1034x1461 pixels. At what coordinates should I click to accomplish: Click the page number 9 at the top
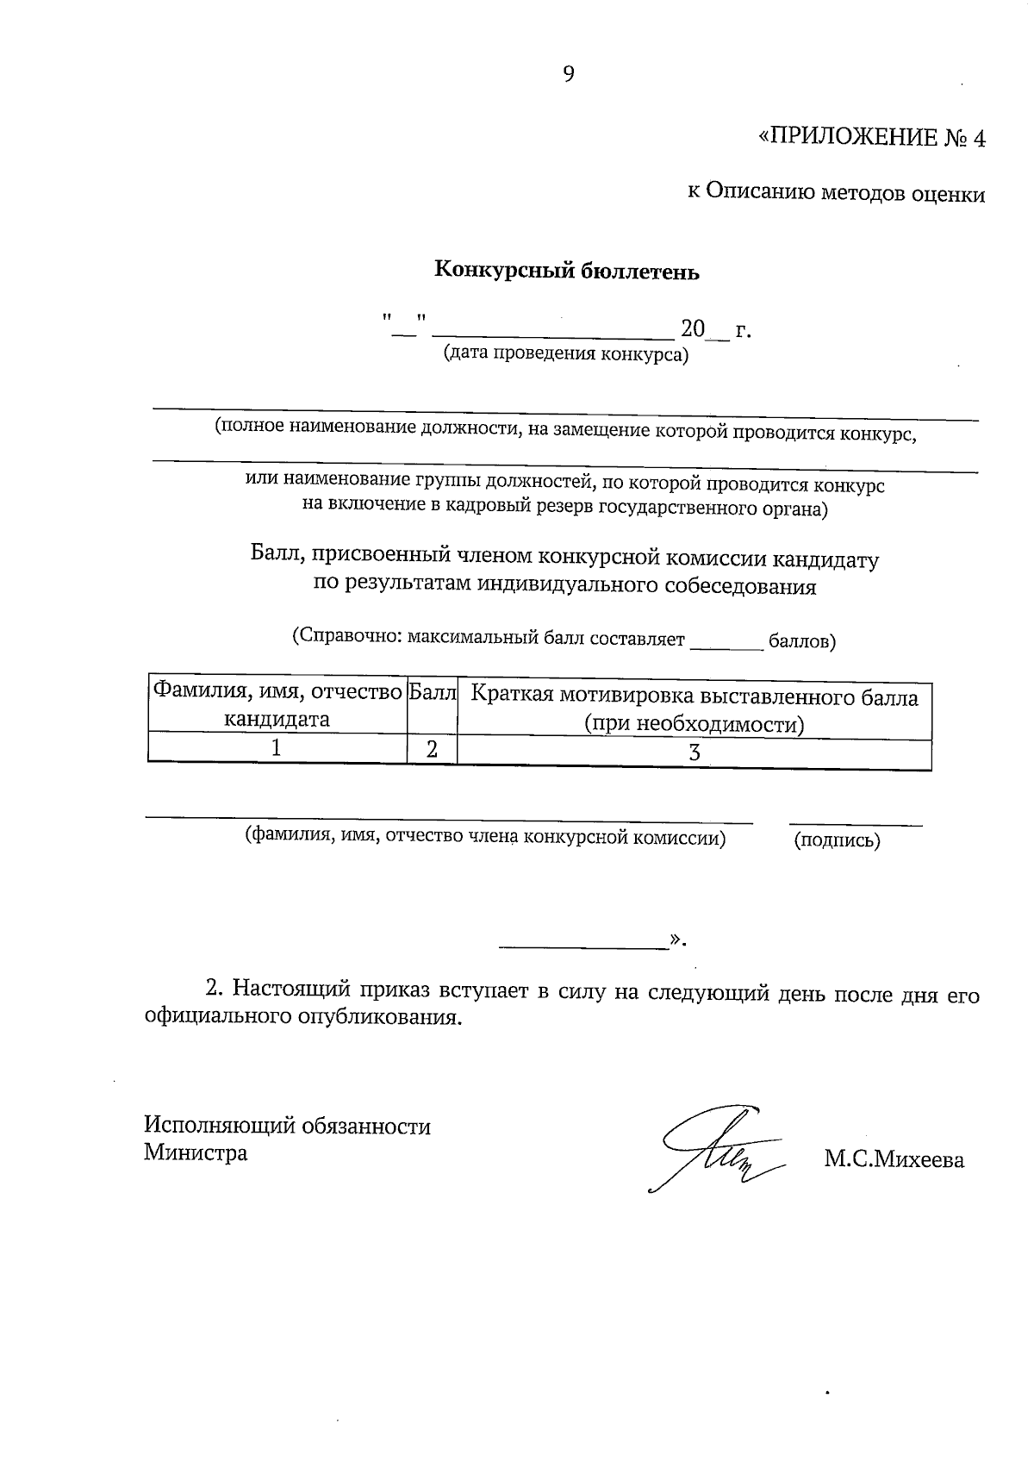click(x=569, y=74)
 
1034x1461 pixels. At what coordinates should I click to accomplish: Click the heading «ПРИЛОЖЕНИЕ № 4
click(x=870, y=139)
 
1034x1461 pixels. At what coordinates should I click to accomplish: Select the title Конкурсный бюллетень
click(x=566, y=272)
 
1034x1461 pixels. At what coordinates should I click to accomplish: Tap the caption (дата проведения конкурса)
click(x=565, y=353)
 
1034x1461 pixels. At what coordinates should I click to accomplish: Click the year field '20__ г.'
click(x=716, y=329)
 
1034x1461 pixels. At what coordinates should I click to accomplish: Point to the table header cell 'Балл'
click(x=432, y=692)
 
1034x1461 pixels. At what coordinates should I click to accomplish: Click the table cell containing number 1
click(x=277, y=749)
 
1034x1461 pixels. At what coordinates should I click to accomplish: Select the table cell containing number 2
click(x=432, y=750)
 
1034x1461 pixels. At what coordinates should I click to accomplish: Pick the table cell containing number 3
click(x=694, y=752)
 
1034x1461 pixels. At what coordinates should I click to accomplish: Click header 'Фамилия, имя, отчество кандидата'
click(x=277, y=705)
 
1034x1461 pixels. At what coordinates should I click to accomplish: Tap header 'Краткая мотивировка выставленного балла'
click(x=695, y=697)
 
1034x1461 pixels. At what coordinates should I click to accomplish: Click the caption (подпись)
click(x=837, y=840)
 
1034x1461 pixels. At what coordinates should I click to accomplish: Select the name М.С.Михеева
click(x=894, y=1160)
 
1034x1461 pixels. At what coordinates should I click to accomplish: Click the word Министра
click(x=196, y=1152)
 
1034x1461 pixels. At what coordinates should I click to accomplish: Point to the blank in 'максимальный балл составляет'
click(x=726, y=642)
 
